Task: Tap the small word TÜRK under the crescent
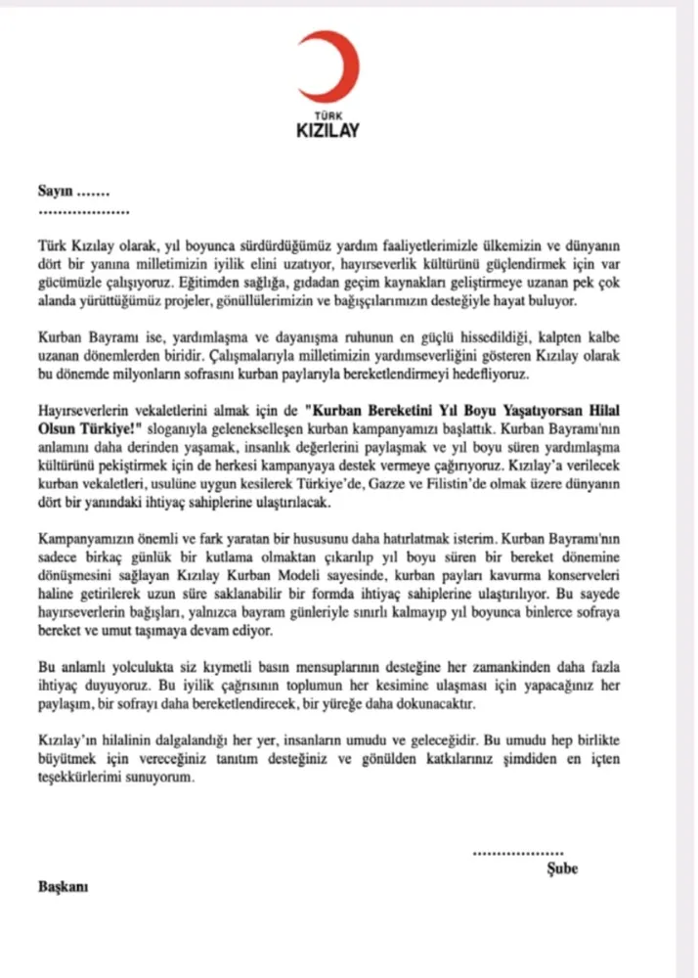[328, 115]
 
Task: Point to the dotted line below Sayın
[83, 211]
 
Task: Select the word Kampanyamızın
[87, 539]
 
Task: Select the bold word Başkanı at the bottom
[64, 886]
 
